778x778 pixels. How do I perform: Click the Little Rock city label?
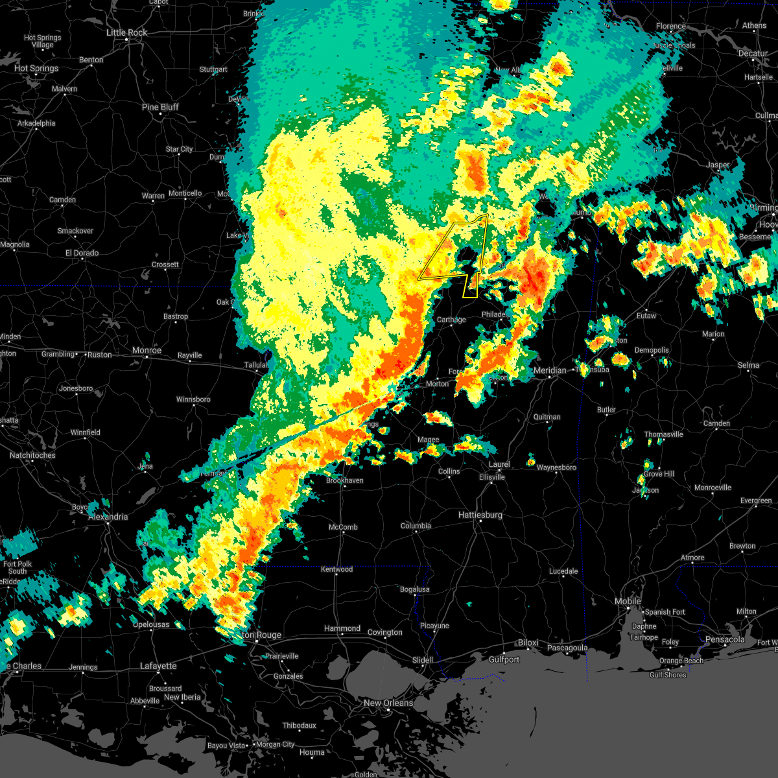click(x=127, y=32)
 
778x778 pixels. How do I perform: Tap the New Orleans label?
click(x=388, y=703)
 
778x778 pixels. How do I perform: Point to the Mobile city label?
click(x=628, y=602)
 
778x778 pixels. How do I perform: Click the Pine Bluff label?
click(x=160, y=107)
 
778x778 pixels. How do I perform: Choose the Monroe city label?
click(x=147, y=350)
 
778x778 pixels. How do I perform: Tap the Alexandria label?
click(x=108, y=517)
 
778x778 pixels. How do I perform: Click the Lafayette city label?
click(x=158, y=666)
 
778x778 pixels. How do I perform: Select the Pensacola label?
click(x=725, y=640)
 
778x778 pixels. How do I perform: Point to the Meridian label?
click(x=550, y=370)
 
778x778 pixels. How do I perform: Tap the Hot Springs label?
click(x=36, y=68)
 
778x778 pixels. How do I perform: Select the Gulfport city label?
click(x=504, y=659)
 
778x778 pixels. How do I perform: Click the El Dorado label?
click(x=82, y=253)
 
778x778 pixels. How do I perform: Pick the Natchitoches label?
click(x=32, y=455)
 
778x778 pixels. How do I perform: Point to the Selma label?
click(x=748, y=365)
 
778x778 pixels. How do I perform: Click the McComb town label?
click(x=343, y=527)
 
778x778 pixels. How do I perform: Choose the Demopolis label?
click(x=651, y=350)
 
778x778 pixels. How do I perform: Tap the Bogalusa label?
click(x=414, y=589)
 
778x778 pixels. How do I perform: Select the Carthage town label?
click(x=451, y=320)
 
